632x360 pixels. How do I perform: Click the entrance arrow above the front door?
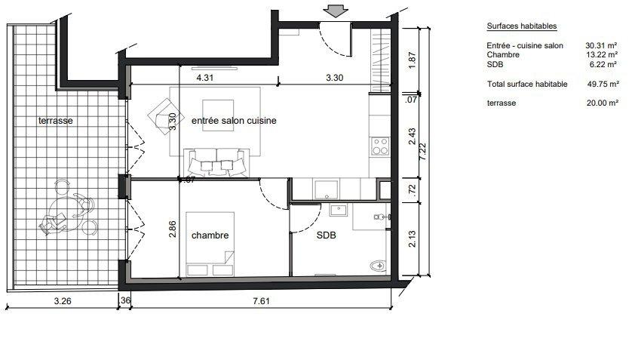[x=336, y=11]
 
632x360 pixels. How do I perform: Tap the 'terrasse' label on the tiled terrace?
[x=56, y=121]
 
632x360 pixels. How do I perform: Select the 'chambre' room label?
[x=210, y=235]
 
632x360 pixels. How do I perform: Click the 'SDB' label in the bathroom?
[x=326, y=235]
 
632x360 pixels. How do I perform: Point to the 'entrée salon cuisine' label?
[x=234, y=121]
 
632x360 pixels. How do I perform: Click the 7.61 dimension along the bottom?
[x=261, y=300]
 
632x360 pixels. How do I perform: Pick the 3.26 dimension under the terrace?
[x=63, y=300]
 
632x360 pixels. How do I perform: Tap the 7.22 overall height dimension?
[x=422, y=152]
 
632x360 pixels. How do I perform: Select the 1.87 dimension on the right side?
[x=412, y=60]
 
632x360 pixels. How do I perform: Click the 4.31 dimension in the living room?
[x=204, y=78]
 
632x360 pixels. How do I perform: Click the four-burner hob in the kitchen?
[x=380, y=146]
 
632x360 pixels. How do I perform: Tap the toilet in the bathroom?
[x=379, y=266]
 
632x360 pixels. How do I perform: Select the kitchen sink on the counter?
[x=327, y=189]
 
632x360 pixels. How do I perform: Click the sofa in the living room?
[x=216, y=162]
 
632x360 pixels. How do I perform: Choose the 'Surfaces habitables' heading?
[x=522, y=26]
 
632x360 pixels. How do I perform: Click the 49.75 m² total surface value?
[x=603, y=84]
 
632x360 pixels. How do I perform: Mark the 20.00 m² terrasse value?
[x=602, y=103]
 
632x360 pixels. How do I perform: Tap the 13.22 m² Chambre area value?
[x=602, y=54]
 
